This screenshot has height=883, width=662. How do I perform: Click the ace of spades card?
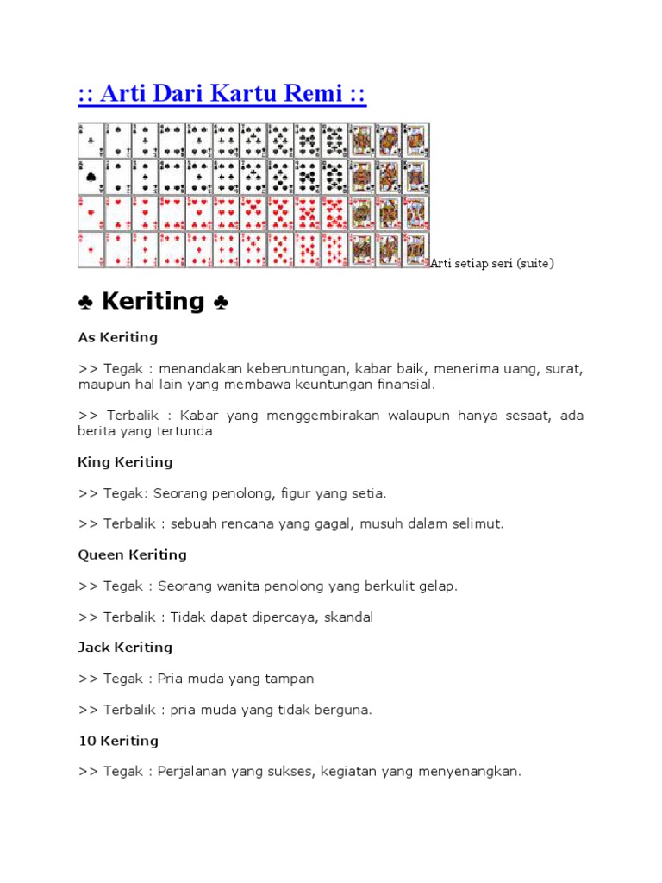[x=91, y=177]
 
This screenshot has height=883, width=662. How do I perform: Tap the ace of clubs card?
[x=91, y=141]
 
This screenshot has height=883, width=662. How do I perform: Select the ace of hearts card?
[x=91, y=213]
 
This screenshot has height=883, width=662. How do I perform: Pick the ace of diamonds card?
[x=91, y=249]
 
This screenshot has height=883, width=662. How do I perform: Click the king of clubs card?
[x=415, y=141]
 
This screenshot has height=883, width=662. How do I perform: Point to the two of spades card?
[x=118, y=177]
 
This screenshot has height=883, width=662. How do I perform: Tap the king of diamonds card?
[x=415, y=249]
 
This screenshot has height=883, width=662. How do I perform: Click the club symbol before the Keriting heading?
[x=85, y=302]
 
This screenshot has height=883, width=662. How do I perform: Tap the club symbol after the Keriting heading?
[x=221, y=302]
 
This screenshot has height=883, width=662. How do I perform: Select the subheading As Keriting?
[x=118, y=337]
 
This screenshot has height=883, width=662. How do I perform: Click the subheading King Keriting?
[x=125, y=462]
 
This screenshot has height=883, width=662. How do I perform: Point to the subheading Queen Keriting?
[x=132, y=554]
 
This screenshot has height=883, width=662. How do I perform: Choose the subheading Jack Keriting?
[x=125, y=648]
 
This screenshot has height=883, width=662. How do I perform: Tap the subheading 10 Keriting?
[x=118, y=741]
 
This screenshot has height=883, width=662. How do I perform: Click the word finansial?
[x=404, y=385]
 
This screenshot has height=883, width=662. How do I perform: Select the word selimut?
[x=478, y=523]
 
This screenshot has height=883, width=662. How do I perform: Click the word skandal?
[x=345, y=617]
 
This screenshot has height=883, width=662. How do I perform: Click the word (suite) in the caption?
[x=534, y=263]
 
